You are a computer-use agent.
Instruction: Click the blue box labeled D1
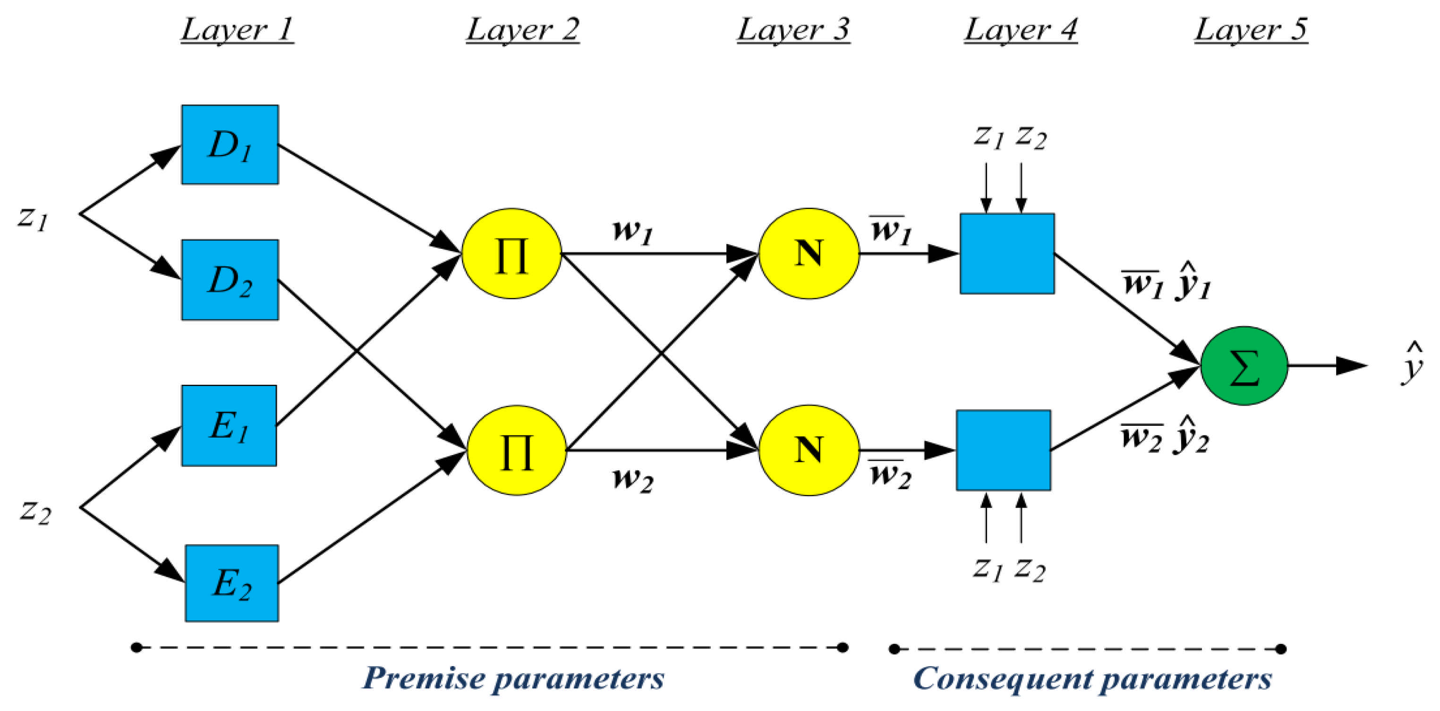pyautogui.click(x=230, y=144)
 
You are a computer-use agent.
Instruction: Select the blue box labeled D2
pyautogui.click(x=230, y=279)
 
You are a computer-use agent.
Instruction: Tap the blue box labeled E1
pyautogui.click(x=229, y=425)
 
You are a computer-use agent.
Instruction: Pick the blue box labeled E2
pyautogui.click(x=232, y=583)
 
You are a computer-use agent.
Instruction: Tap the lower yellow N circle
pyautogui.click(x=809, y=450)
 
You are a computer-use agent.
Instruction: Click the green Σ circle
pyautogui.click(x=1244, y=365)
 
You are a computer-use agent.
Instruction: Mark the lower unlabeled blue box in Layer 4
pyautogui.click(x=1004, y=450)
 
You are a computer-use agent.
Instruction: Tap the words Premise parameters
pyautogui.click(x=513, y=678)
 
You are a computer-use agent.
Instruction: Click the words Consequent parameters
pyautogui.click(x=1092, y=678)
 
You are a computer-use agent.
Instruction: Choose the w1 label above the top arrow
pyautogui.click(x=632, y=231)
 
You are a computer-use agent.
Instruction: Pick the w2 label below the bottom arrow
pyautogui.click(x=632, y=480)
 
